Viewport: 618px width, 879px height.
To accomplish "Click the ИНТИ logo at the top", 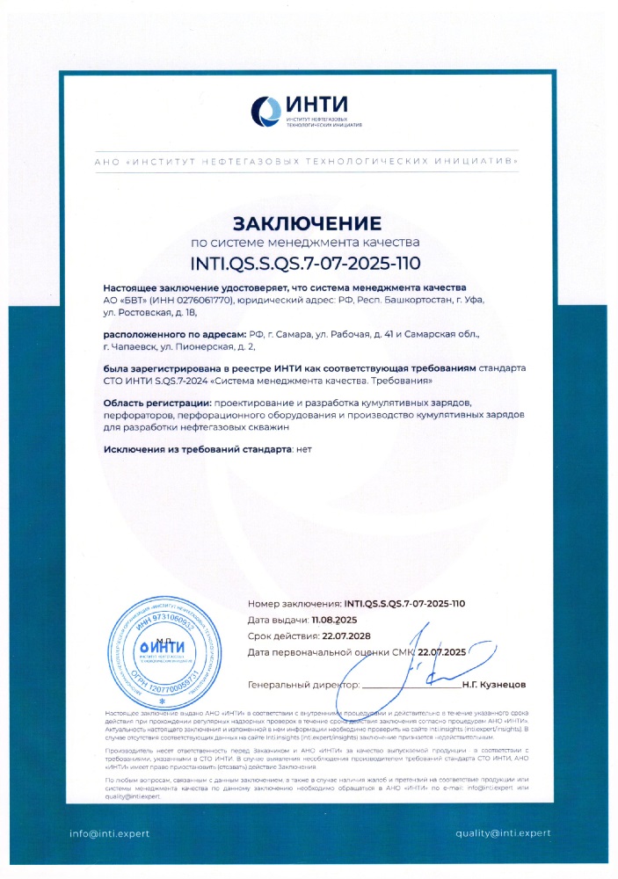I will (307, 112).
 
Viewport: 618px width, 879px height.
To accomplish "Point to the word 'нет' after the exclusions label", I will (304, 450).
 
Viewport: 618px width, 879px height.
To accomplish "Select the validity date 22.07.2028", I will (346, 636).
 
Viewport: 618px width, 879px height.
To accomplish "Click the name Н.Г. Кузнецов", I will (493, 683).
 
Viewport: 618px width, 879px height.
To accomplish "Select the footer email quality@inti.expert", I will (503, 832).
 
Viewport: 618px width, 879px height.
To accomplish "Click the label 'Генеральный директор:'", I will (304, 683).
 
